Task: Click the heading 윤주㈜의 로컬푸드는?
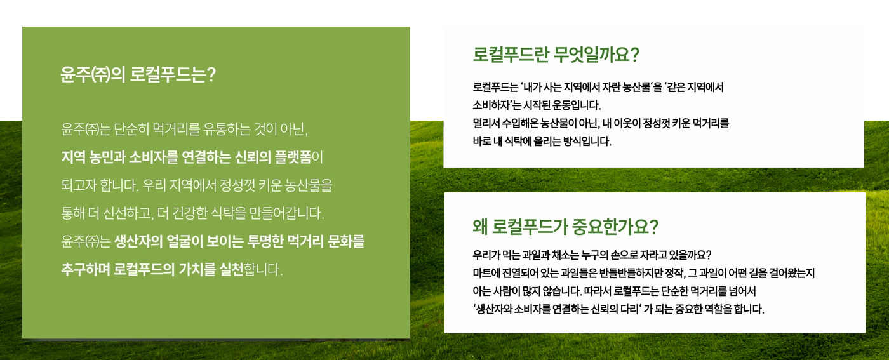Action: [x=138, y=74]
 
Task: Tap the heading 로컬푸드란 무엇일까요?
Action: [x=556, y=55]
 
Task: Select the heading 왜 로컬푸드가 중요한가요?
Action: [x=566, y=227]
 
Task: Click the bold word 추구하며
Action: [x=85, y=269]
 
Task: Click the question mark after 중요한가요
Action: [x=654, y=227]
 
